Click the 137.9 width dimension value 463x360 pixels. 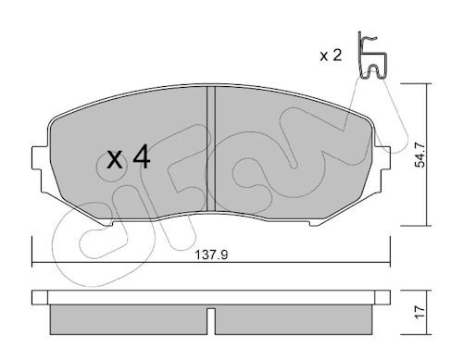coord(212,254)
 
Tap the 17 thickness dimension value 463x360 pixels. coord(419,313)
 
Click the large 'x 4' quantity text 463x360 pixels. coord(129,158)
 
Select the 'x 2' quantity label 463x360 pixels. coord(331,56)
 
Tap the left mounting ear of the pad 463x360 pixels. coord(40,158)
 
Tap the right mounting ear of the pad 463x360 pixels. coord(382,158)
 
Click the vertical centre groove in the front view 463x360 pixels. coord(211,149)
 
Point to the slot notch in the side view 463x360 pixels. coord(211,321)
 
